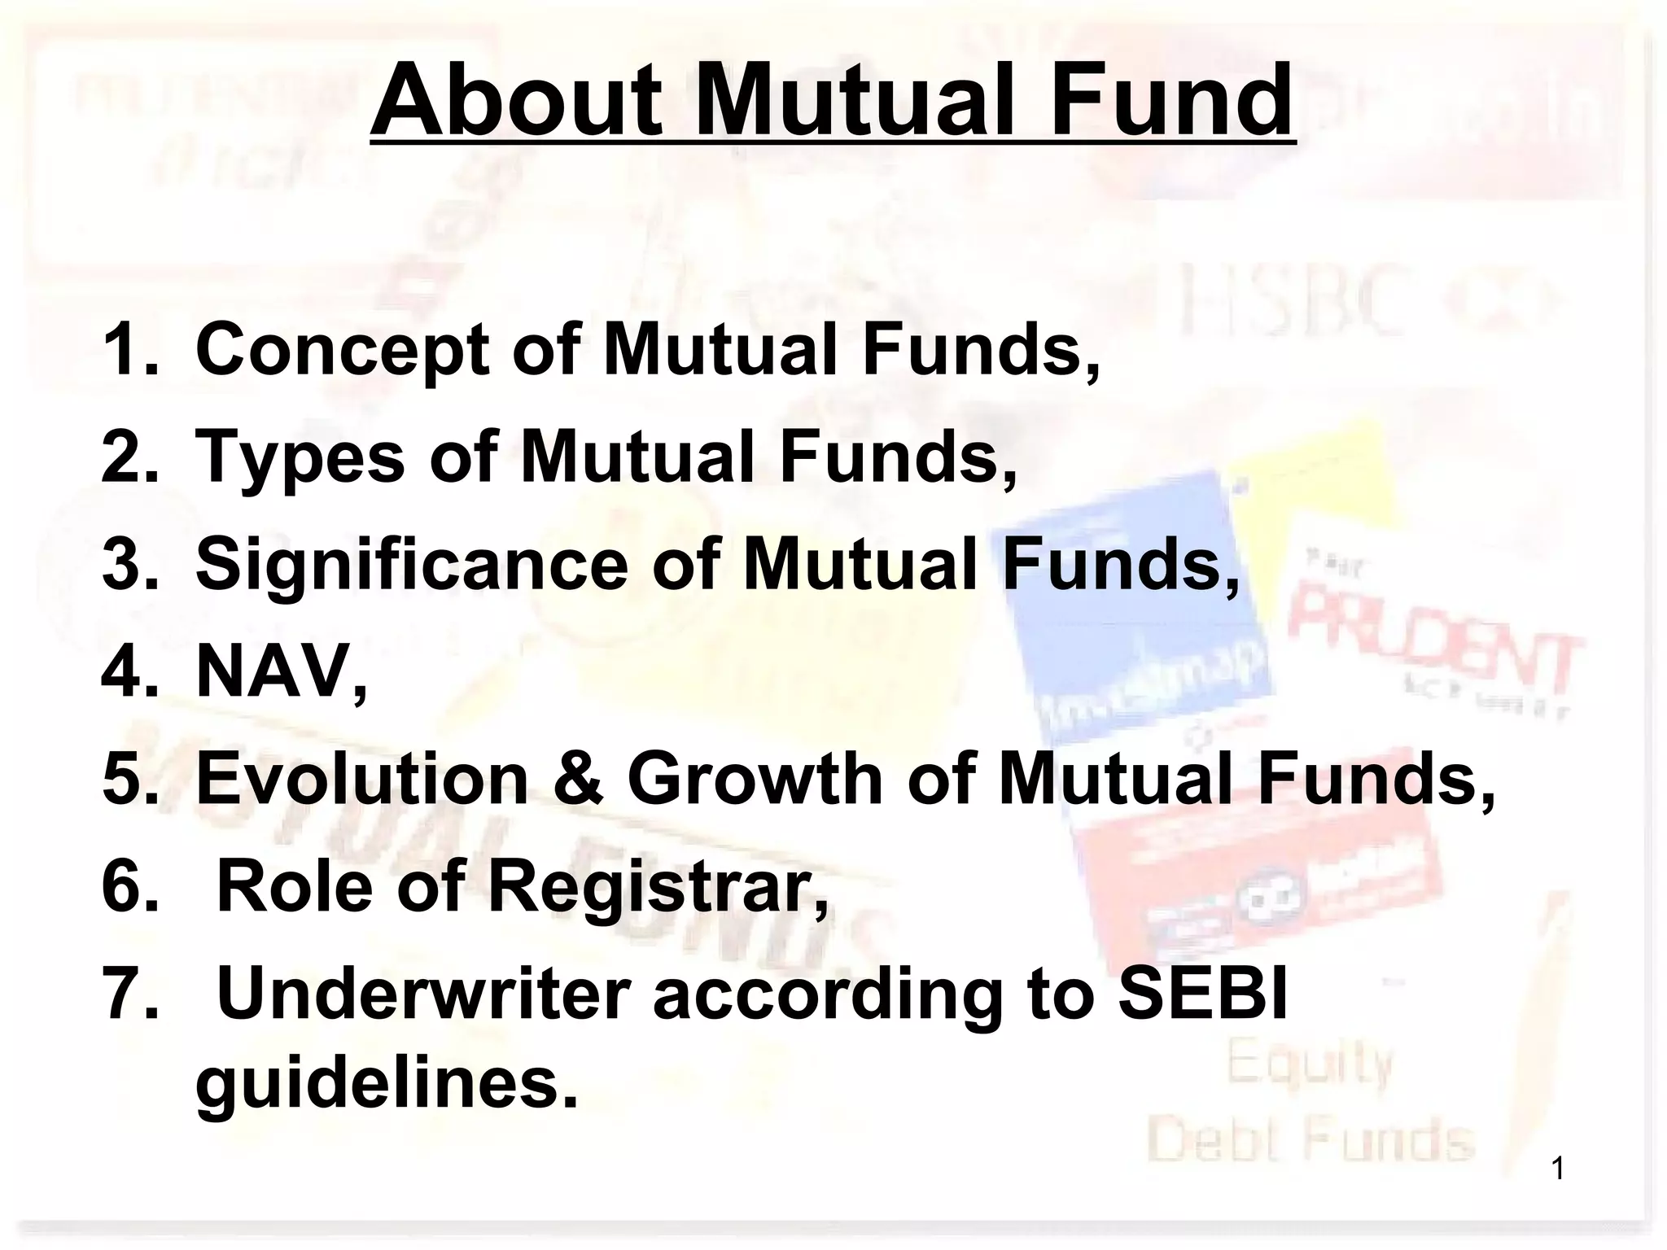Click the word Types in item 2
[x=300, y=457]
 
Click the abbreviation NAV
[x=272, y=672]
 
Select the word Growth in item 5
[x=755, y=780]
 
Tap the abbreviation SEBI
[x=1203, y=994]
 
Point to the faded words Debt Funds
[x=1310, y=1141]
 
